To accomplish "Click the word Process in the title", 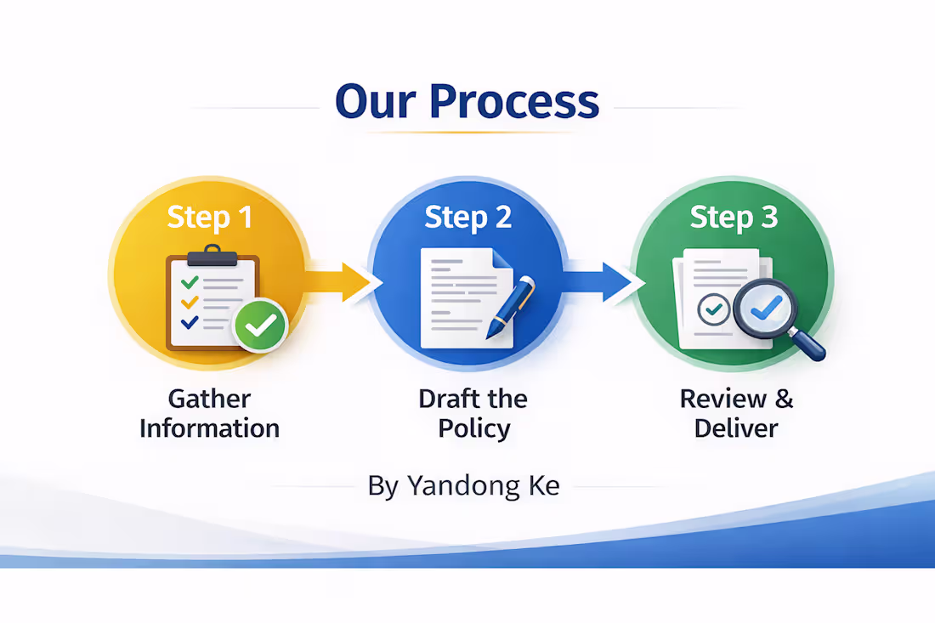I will pos(514,102).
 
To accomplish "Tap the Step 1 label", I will pos(209,217).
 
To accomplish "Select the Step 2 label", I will pos(467,217).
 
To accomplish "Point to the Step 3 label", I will pos(734,217).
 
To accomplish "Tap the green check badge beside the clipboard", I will pos(261,324).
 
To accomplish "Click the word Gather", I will pos(209,399).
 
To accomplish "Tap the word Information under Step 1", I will pos(209,428).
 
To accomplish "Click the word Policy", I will pos(474,428).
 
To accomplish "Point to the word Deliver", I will pos(736,428).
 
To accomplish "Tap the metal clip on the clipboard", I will pos(202,253).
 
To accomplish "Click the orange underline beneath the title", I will pos(467,133).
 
